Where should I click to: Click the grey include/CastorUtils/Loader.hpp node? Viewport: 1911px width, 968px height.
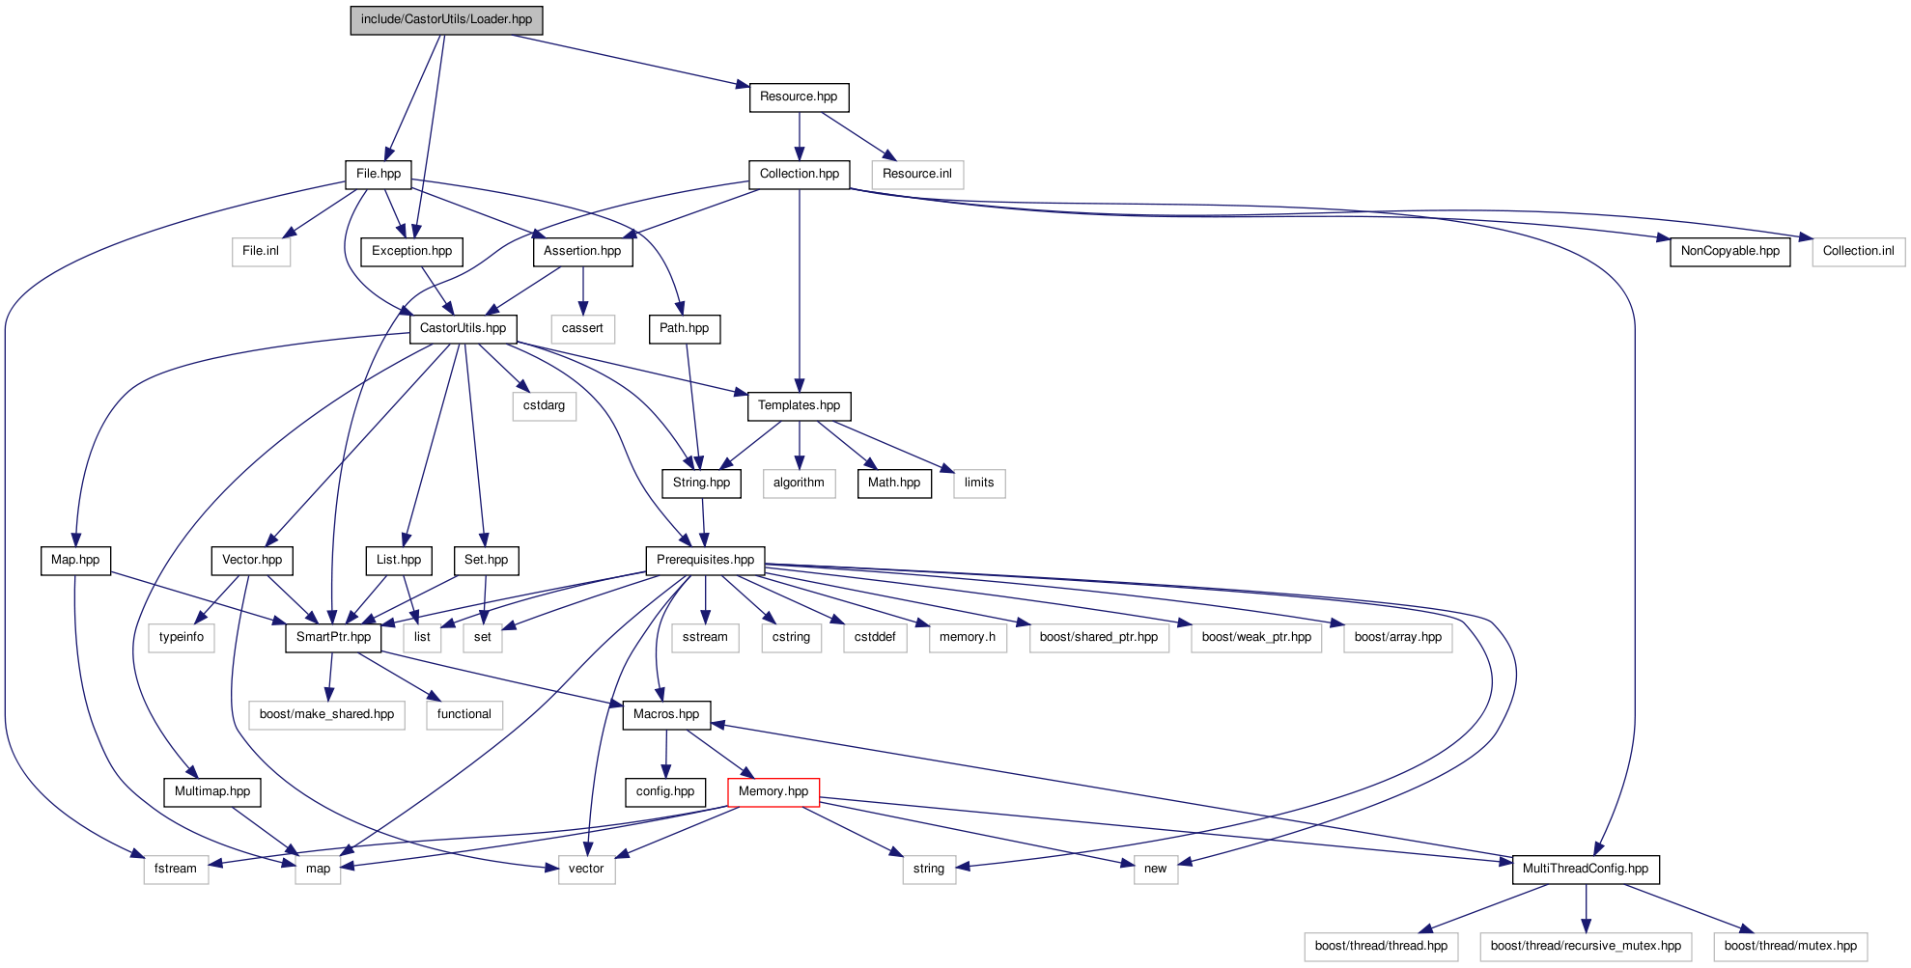[446, 20]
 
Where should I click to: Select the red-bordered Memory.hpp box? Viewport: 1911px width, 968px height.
[773, 792]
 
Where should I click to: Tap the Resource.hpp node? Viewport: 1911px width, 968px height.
[799, 97]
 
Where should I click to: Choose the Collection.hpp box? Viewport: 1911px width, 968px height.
[799, 175]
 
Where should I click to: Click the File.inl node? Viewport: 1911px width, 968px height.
[261, 252]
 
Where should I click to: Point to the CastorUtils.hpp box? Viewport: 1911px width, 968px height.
[463, 329]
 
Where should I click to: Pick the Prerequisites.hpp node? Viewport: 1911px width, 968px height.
[705, 561]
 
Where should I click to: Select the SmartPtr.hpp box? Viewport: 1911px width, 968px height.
[333, 638]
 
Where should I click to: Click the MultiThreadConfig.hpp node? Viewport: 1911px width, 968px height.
[1586, 870]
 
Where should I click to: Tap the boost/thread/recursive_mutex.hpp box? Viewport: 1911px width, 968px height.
[1586, 947]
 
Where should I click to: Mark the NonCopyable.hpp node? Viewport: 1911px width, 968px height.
[1729, 252]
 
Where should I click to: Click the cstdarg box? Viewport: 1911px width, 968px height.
[544, 406]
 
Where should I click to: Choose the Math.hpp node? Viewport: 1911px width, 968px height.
[894, 484]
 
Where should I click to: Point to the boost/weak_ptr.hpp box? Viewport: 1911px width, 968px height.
[1256, 638]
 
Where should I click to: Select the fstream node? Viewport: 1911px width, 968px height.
[176, 870]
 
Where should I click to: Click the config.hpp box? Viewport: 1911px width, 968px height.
[665, 792]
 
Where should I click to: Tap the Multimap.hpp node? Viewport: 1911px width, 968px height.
[212, 792]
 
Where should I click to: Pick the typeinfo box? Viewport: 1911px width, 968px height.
[182, 638]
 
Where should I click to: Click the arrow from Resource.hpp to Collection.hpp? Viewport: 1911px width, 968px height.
[800, 135]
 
